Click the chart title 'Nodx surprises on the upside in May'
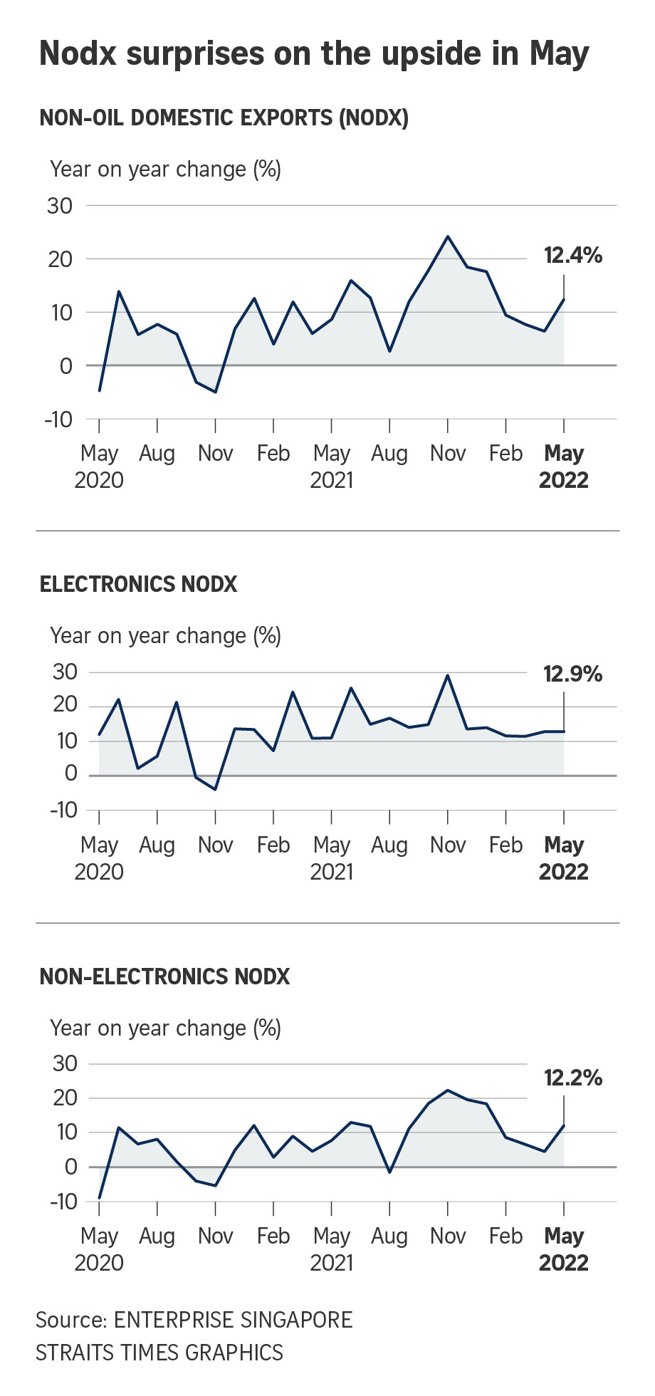click(x=314, y=53)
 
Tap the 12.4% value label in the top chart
click(x=572, y=255)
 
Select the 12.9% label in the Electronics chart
click(x=572, y=674)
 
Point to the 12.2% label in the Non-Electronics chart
click(x=572, y=1078)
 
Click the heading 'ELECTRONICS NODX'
click(x=138, y=584)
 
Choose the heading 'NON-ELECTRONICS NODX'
click(x=164, y=976)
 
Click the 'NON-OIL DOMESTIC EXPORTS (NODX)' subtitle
click(x=224, y=118)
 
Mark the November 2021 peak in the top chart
click(x=447, y=236)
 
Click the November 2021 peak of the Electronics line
click(x=447, y=675)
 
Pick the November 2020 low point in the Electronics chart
click(x=215, y=789)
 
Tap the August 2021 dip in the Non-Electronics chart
click(x=389, y=1172)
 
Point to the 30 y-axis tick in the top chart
click(x=60, y=206)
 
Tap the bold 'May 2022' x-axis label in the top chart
click(x=563, y=467)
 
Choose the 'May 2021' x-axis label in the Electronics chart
click(x=331, y=858)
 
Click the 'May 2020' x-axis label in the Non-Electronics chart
click(x=99, y=1249)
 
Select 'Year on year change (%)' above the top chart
click(x=165, y=170)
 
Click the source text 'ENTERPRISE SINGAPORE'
click(x=233, y=1320)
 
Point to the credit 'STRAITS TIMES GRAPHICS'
click(x=159, y=1353)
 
